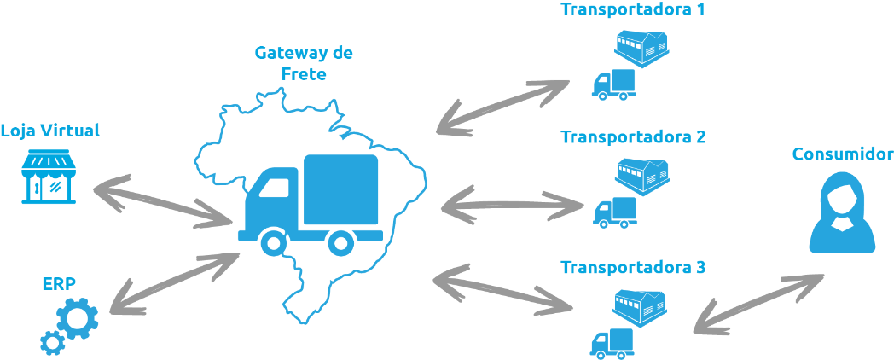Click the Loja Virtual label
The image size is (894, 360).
(50, 131)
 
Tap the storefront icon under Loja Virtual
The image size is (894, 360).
(49, 178)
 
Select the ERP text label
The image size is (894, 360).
(58, 283)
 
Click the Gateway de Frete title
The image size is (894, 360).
(304, 63)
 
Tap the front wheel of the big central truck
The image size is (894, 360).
(273, 244)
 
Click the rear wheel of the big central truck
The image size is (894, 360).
(340, 244)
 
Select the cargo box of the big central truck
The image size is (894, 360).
(340, 190)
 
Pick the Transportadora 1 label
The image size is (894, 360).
(633, 10)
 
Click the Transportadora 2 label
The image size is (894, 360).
(633, 136)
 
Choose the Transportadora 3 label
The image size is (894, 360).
(633, 267)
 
